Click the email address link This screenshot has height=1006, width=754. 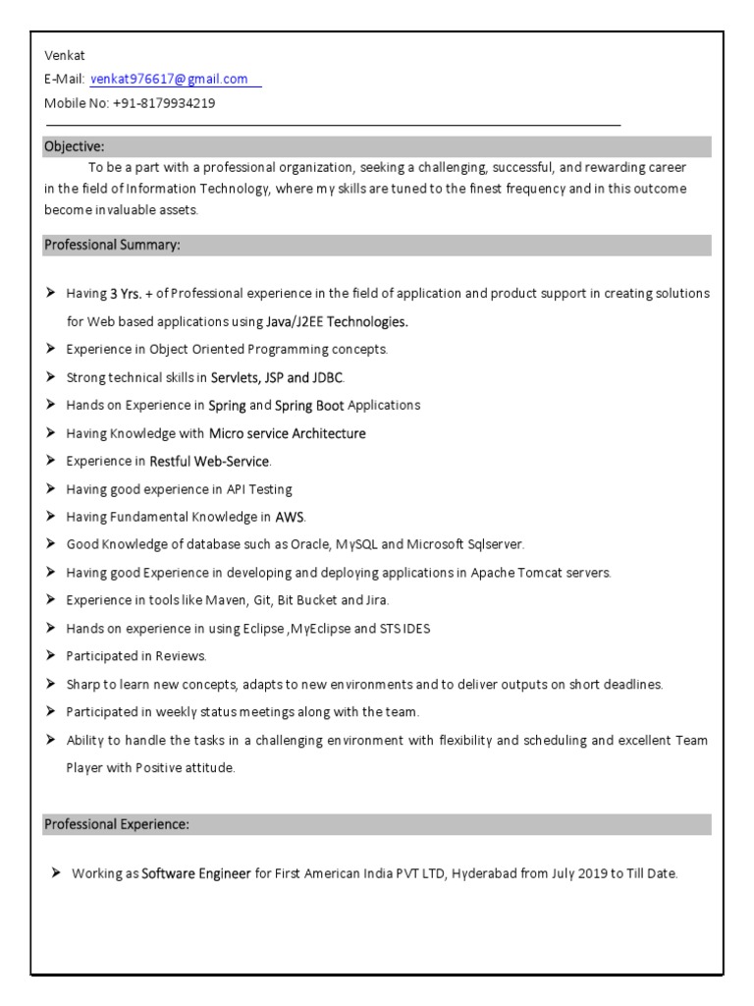pyautogui.click(x=169, y=79)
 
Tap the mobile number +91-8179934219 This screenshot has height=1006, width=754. pyautogui.click(x=164, y=102)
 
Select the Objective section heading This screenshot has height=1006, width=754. pyautogui.click(x=74, y=146)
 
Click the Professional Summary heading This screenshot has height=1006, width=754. pyautogui.click(x=111, y=245)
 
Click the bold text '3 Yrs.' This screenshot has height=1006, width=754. pyautogui.click(x=127, y=293)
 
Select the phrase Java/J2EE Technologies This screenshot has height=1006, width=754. pyautogui.click(x=337, y=321)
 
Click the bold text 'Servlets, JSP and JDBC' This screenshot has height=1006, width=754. pyautogui.click(x=277, y=377)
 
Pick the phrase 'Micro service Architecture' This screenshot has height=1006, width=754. pyautogui.click(x=287, y=433)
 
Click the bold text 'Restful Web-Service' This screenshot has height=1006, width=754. pyautogui.click(x=209, y=461)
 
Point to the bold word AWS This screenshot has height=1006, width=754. pyautogui.click(x=290, y=517)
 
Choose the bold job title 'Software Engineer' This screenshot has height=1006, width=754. pyautogui.click(x=196, y=872)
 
